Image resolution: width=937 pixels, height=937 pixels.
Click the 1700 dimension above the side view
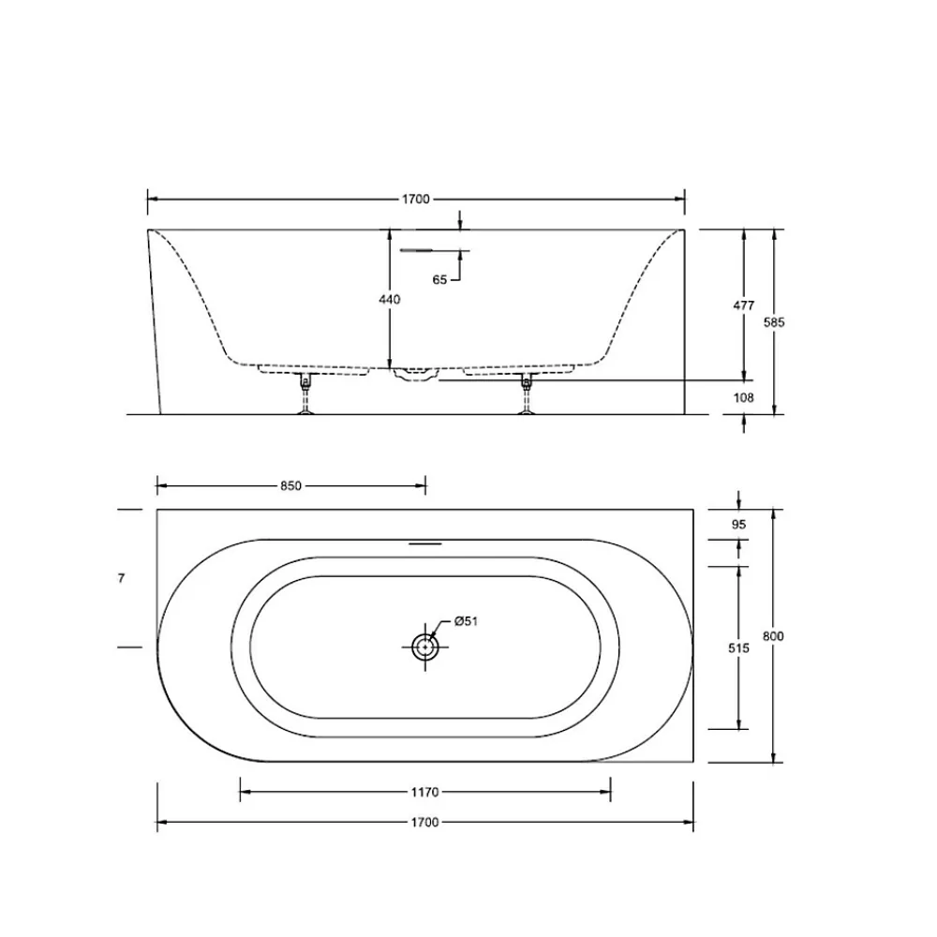(x=415, y=199)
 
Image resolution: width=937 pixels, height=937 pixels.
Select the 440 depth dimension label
(x=390, y=300)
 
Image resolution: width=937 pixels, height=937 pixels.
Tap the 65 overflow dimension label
(x=439, y=279)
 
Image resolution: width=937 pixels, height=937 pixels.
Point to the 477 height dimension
(x=743, y=305)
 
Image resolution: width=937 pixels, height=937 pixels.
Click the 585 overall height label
(x=774, y=322)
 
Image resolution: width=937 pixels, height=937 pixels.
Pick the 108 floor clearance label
(x=743, y=397)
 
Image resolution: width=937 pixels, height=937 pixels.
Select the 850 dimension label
(x=291, y=486)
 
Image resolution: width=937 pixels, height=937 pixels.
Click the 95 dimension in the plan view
(x=738, y=525)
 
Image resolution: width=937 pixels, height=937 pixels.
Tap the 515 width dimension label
(x=738, y=647)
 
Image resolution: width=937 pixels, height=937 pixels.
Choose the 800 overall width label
(x=773, y=636)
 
